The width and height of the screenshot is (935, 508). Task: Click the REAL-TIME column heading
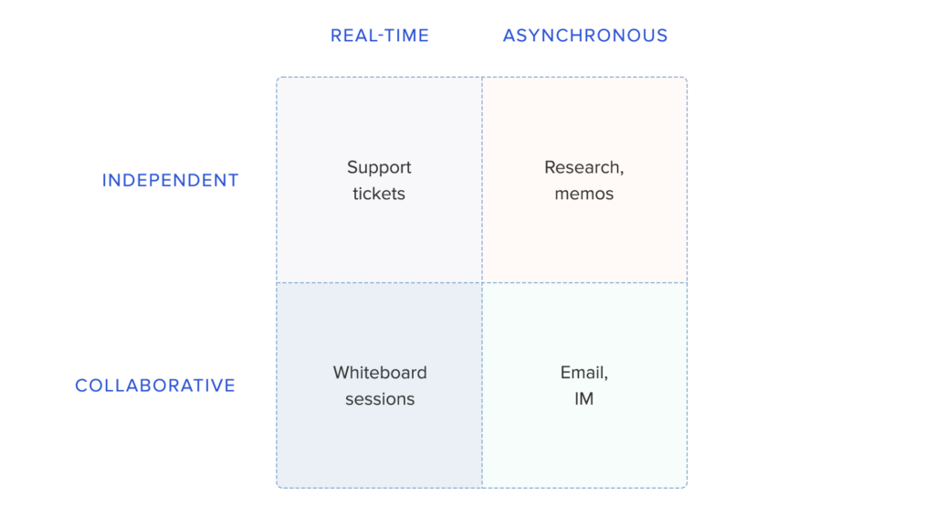pyautogui.click(x=380, y=36)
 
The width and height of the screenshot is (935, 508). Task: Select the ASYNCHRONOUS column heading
pyautogui.click(x=585, y=36)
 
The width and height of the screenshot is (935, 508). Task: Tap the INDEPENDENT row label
pyautogui.click(x=171, y=180)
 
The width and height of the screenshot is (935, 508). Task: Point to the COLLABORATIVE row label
pyautogui.click(x=155, y=386)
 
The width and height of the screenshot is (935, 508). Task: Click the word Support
pyautogui.click(x=379, y=168)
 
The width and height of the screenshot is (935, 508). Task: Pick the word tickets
pyautogui.click(x=379, y=194)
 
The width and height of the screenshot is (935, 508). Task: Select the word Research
pyautogui.click(x=582, y=167)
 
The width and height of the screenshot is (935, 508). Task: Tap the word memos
pyautogui.click(x=583, y=194)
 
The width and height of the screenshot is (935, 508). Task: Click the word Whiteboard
pyautogui.click(x=380, y=373)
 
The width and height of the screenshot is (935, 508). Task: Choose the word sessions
pyautogui.click(x=380, y=398)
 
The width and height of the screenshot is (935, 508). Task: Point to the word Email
pyautogui.click(x=582, y=373)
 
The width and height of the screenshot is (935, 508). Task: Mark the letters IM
pyautogui.click(x=583, y=398)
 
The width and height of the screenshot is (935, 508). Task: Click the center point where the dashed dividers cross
pyautogui.click(x=482, y=282)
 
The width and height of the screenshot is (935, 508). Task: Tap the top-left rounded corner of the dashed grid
pyautogui.click(x=278, y=79)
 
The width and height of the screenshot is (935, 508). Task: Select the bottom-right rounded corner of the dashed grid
pyautogui.click(x=686, y=486)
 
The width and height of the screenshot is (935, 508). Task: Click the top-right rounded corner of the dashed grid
pyautogui.click(x=686, y=79)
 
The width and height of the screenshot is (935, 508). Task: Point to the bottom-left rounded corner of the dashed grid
pyautogui.click(x=278, y=486)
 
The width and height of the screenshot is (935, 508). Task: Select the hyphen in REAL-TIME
pyautogui.click(x=383, y=37)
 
